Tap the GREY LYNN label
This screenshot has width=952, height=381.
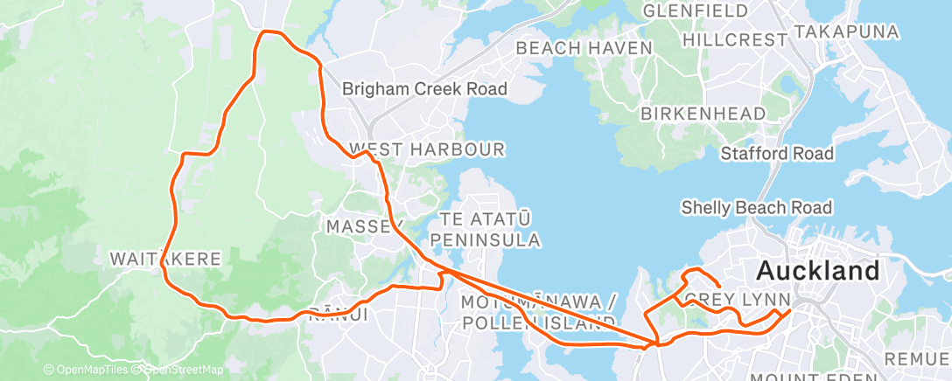(x=726, y=301)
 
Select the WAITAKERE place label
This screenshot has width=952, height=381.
(x=164, y=259)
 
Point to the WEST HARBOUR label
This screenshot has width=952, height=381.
(x=426, y=149)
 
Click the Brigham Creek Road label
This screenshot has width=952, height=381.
(x=424, y=89)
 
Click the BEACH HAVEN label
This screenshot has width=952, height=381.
(x=584, y=48)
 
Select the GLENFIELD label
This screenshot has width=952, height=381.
(x=696, y=11)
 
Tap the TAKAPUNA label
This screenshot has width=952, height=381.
(x=846, y=32)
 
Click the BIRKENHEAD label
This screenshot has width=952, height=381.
(x=703, y=114)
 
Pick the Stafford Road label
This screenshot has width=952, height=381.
(x=777, y=154)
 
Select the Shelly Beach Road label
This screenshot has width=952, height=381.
(x=756, y=207)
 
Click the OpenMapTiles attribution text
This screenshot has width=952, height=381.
(x=87, y=370)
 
